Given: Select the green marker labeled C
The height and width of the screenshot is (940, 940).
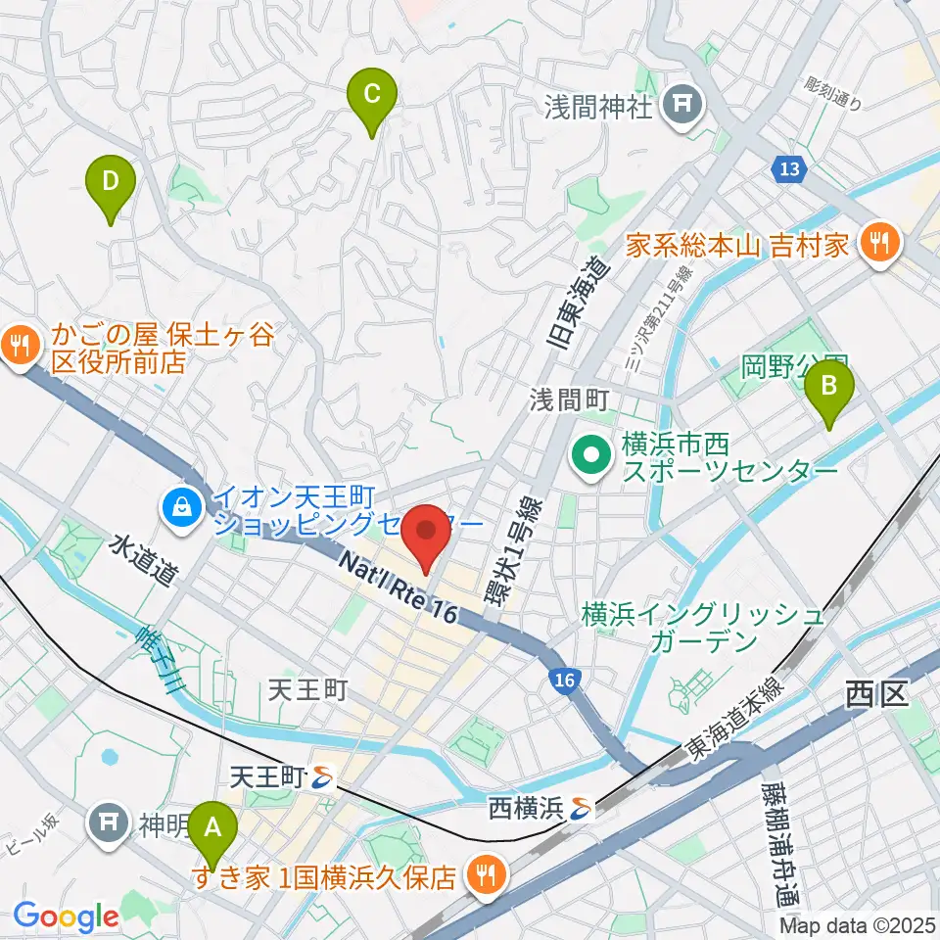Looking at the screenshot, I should [372, 95].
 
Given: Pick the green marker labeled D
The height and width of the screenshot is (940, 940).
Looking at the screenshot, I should [111, 181].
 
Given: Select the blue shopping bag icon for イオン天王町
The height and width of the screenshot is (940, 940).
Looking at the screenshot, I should [183, 506].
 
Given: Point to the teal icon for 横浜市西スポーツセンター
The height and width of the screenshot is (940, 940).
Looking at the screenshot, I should [591, 455].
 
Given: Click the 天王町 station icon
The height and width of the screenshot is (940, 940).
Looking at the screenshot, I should [322, 779].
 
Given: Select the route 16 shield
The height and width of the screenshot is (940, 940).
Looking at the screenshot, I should [562, 679].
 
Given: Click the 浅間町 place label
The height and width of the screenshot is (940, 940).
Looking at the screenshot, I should [571, 399].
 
